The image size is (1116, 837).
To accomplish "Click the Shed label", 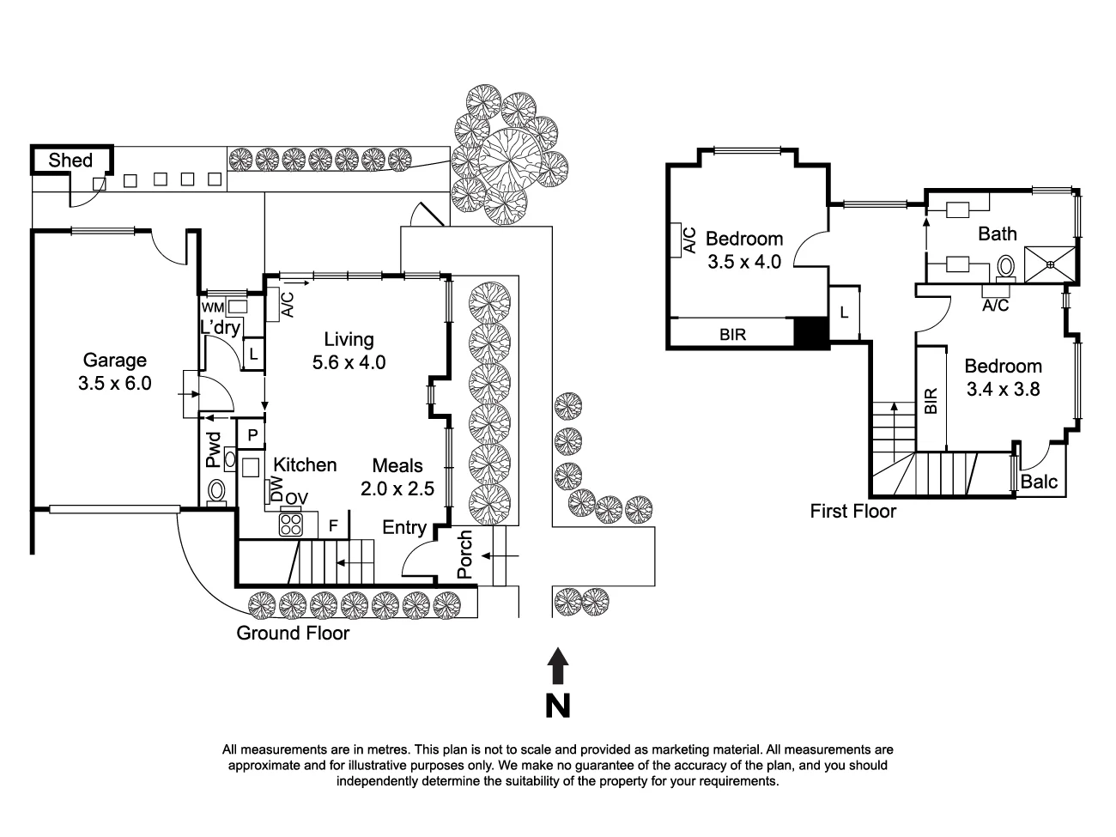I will tap(70, 161).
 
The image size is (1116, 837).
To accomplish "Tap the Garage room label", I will tap(114, 361).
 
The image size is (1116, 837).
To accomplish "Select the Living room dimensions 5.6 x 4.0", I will tap(349, 362).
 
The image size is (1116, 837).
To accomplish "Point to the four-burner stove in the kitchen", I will tap(291, 523).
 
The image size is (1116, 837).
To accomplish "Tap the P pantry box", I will tap(252, 435).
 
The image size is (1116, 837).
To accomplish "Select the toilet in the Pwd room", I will tap(216, 491).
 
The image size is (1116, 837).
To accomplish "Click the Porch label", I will tap(464, 555).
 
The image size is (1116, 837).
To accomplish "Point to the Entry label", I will tap(404, 527).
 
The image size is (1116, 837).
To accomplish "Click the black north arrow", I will tap(558, 666).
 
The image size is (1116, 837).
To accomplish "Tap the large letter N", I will tap(558, 705).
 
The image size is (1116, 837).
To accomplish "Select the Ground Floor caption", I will tap(293, 634).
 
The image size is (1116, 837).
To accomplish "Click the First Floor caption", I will tap(853, 512).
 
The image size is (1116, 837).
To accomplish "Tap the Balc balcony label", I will tap(1040, 482).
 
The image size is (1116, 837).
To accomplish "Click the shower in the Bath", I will tap(1052, 261).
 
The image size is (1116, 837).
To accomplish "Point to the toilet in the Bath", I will tap(1006, 267).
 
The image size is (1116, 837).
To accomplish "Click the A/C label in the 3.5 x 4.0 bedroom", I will tap(688, 240).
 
